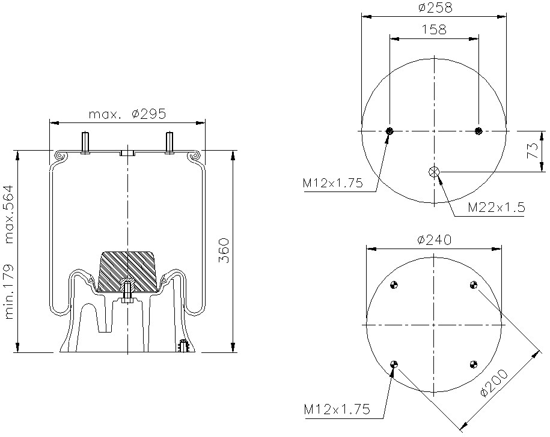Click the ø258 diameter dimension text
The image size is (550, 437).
click(435, 8)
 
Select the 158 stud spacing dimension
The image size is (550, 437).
click(433, 29)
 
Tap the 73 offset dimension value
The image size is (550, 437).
click(532, 151)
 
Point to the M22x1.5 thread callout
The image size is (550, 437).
click(497, 207)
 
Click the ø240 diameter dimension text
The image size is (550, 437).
click(434, 240)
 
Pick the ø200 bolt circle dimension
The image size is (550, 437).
click(494, 383)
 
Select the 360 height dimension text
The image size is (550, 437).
click(224, 251)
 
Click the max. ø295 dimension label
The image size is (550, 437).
click(127, 114)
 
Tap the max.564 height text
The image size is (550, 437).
click(9, 214)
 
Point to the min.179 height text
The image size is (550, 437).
click(9, 291)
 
